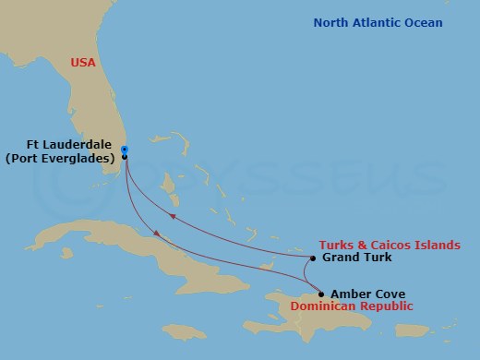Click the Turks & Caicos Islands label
click(389, 245)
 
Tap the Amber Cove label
click(367, 294)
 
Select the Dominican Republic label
click(351, 306)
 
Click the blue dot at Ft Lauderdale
click(124, 149)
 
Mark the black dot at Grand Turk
click(313, 258)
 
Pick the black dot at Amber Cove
click(320, 294)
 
